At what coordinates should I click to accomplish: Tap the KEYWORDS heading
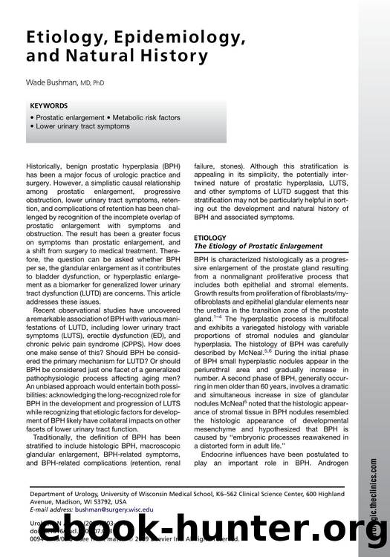[51, 105]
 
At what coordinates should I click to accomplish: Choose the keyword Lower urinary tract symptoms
[84, 126]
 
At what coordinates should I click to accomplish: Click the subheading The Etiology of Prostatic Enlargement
[258, 246]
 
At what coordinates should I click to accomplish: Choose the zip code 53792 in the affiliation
[122, 501]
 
